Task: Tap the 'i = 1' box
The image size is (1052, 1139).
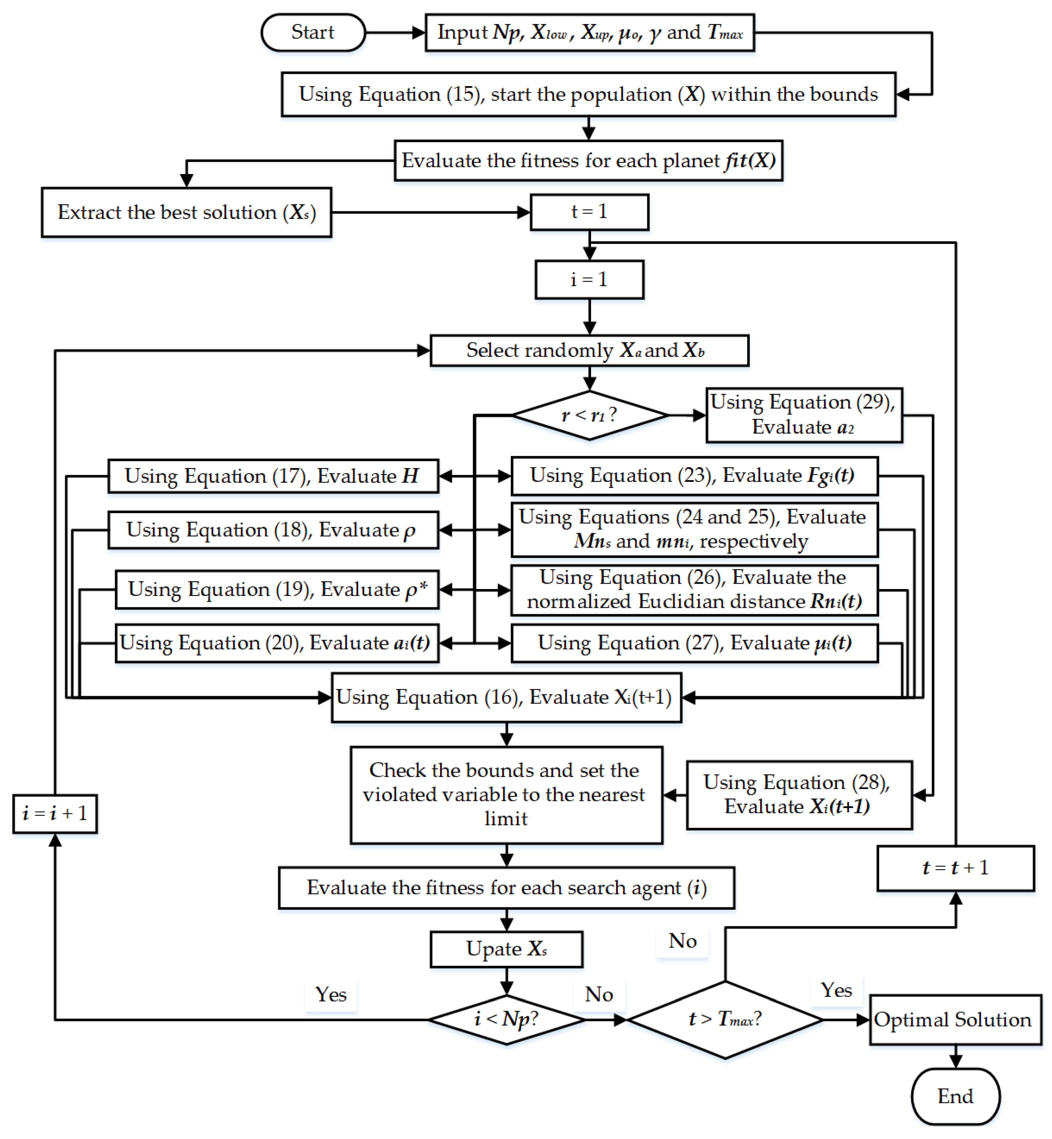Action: [x=589, y=279]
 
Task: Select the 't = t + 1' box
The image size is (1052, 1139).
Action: [x=955, y=868]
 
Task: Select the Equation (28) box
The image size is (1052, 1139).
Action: [x=799, y=795]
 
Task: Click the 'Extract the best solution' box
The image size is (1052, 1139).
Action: [x=186, y=212]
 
